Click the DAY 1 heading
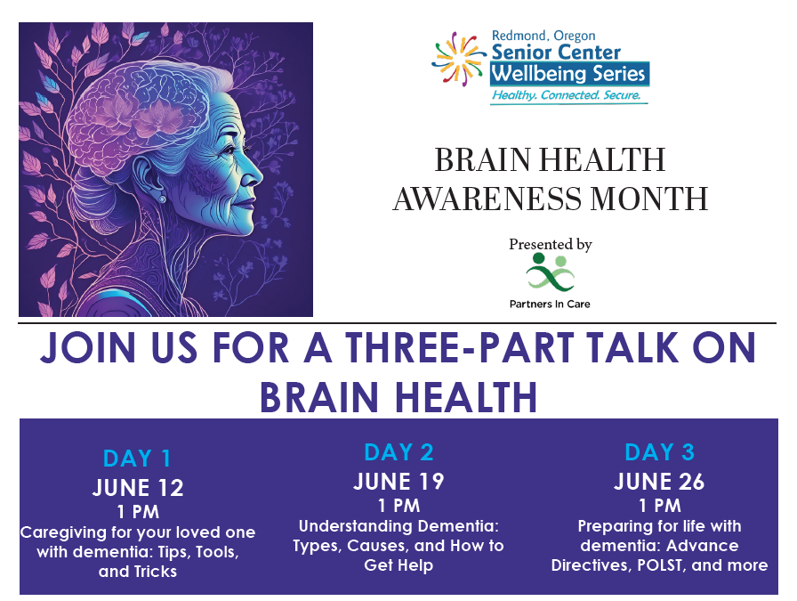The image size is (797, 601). coord(137,458)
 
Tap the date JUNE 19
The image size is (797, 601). coord(398,482)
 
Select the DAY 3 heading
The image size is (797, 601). coord(659,452)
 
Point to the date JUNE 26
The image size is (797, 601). coord(659,482)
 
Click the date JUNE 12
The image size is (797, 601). coord(138,488)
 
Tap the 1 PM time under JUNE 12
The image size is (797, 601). coord(138,511)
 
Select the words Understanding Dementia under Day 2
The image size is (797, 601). coord(398,526)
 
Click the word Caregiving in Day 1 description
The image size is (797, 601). coord(63,532)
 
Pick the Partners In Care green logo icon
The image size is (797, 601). coord(550,273)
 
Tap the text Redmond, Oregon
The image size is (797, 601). coord(543,36)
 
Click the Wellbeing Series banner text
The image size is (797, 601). coord(569,74)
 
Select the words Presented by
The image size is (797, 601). coord(551,245)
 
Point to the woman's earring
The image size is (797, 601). coord(162,199)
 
